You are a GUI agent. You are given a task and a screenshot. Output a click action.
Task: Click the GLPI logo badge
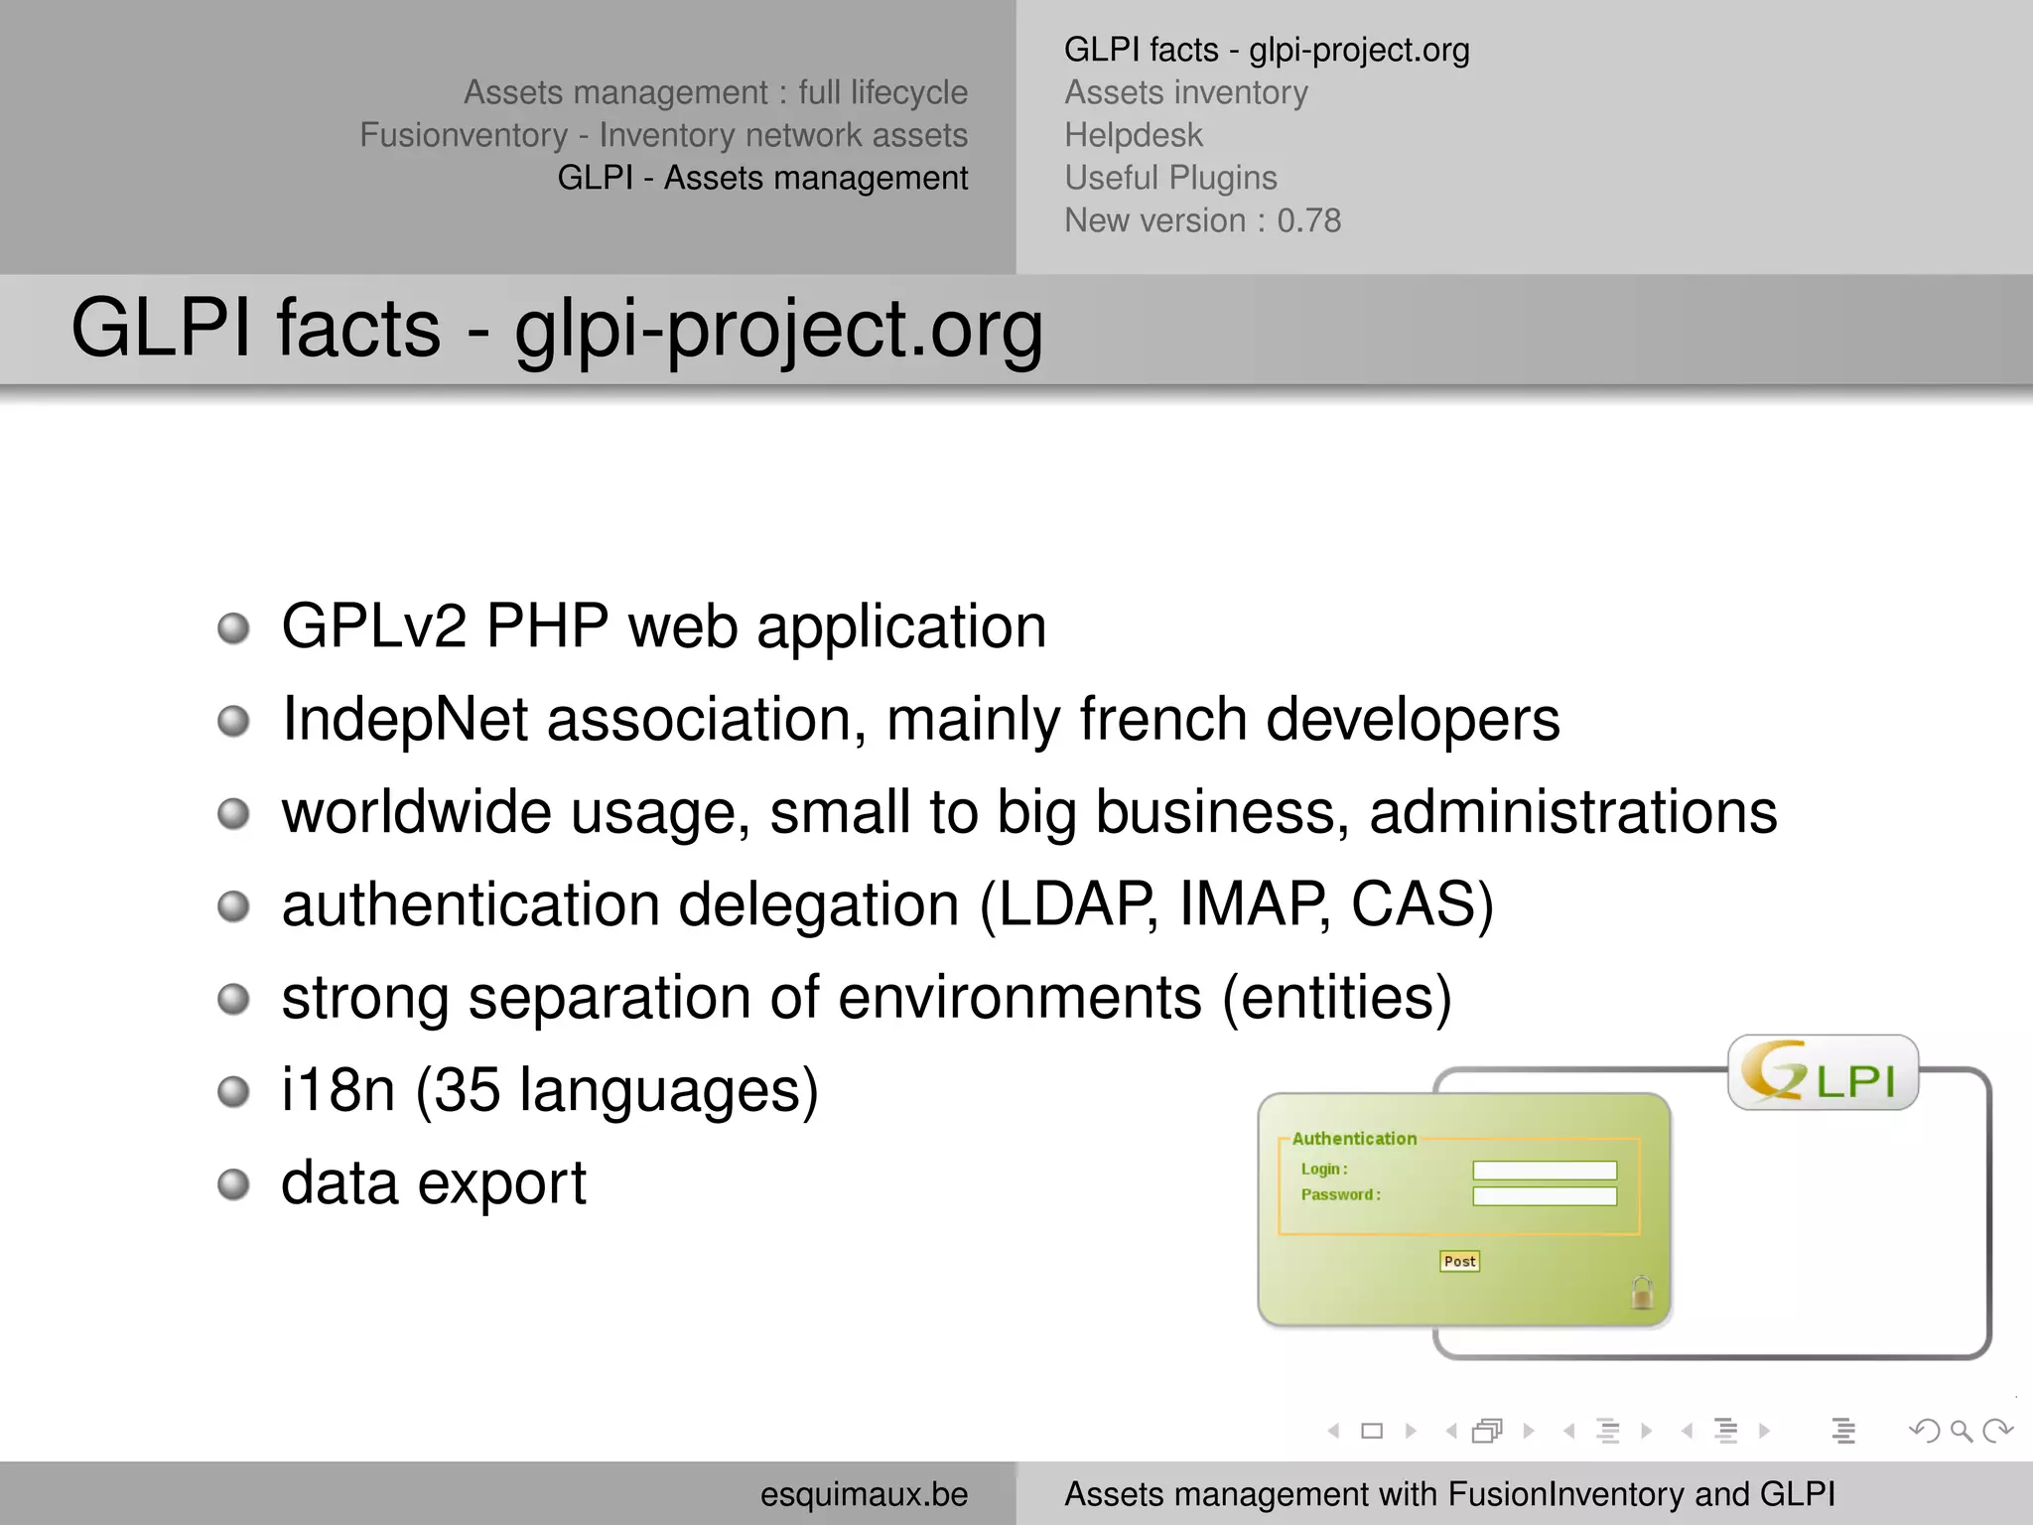pos(1823,1073)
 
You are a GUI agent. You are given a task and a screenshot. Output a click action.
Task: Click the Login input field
pos(1545,1171)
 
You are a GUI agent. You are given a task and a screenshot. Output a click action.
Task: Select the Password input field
pos(1545,1196)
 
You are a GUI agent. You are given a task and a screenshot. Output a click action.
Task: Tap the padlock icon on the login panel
pos(1642,1293)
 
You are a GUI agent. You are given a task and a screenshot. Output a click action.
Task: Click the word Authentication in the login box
pos(1354,1139)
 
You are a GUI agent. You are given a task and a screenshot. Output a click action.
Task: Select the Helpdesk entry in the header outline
pos(1133,135)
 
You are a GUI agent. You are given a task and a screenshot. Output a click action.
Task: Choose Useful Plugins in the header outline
pos(1170,178)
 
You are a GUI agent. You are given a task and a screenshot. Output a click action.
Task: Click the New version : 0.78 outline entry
pos(1202,220)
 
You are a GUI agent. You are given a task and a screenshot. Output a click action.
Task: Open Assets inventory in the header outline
pos(1186,92)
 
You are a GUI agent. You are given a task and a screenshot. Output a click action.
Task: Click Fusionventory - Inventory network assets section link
pos(663,135)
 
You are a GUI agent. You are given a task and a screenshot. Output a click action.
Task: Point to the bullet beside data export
pos(233,1183)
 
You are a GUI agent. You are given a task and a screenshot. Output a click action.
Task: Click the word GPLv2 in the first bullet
pos(374,626)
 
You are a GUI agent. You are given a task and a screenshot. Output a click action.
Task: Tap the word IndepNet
pos(405,719)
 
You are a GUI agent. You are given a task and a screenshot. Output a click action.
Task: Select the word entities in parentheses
pos(1336,997)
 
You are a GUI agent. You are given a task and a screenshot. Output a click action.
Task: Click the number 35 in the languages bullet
pos(467,1090)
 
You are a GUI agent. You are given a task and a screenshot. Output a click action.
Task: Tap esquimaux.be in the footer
pos(864,1494)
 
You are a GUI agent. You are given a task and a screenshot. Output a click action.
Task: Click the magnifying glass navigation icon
pos(1961,1431)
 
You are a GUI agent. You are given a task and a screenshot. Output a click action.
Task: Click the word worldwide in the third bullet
pos(416,812)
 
